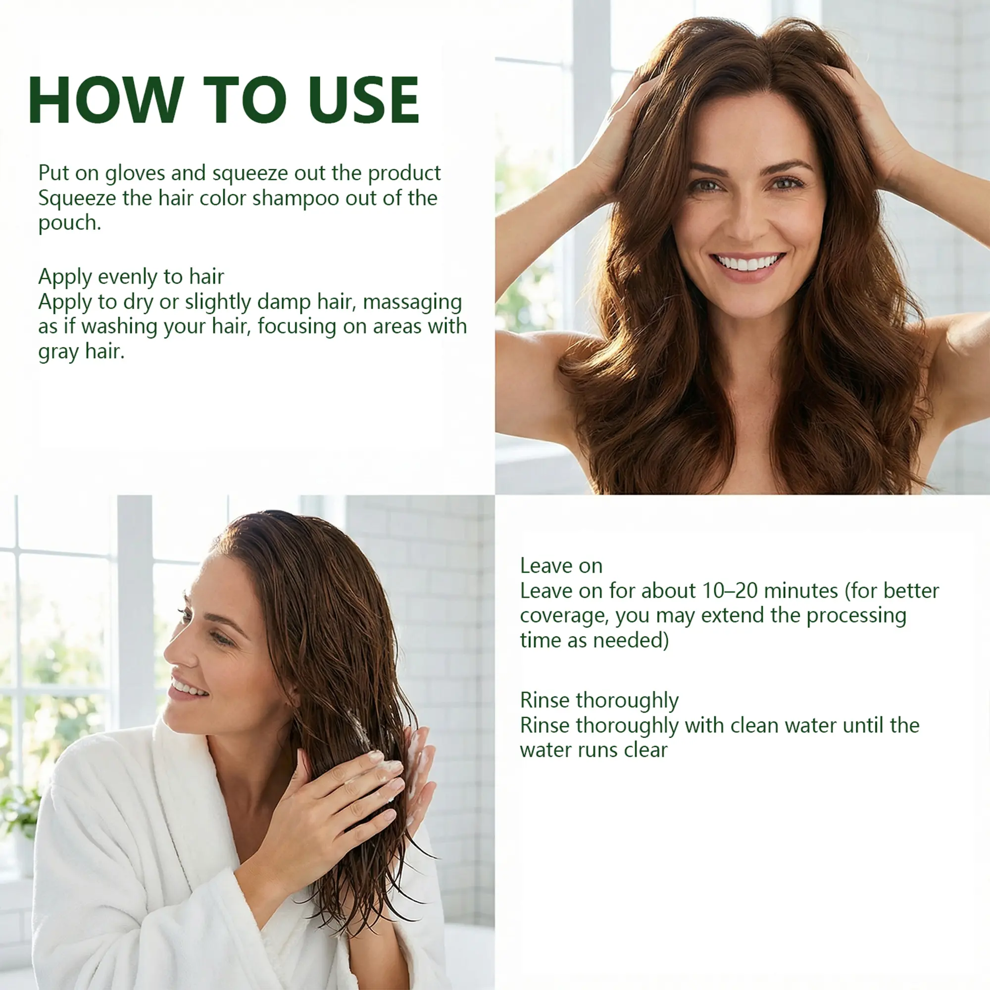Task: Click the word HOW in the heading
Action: click(x=105, y=100)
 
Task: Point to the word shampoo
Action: click(x=296, y=199)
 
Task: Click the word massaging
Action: click(x=412, y=302)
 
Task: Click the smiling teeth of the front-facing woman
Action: click(x=746, y=263)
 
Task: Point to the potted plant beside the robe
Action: click(x=19, y=830)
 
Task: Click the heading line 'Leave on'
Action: click(x=561, y=566)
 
